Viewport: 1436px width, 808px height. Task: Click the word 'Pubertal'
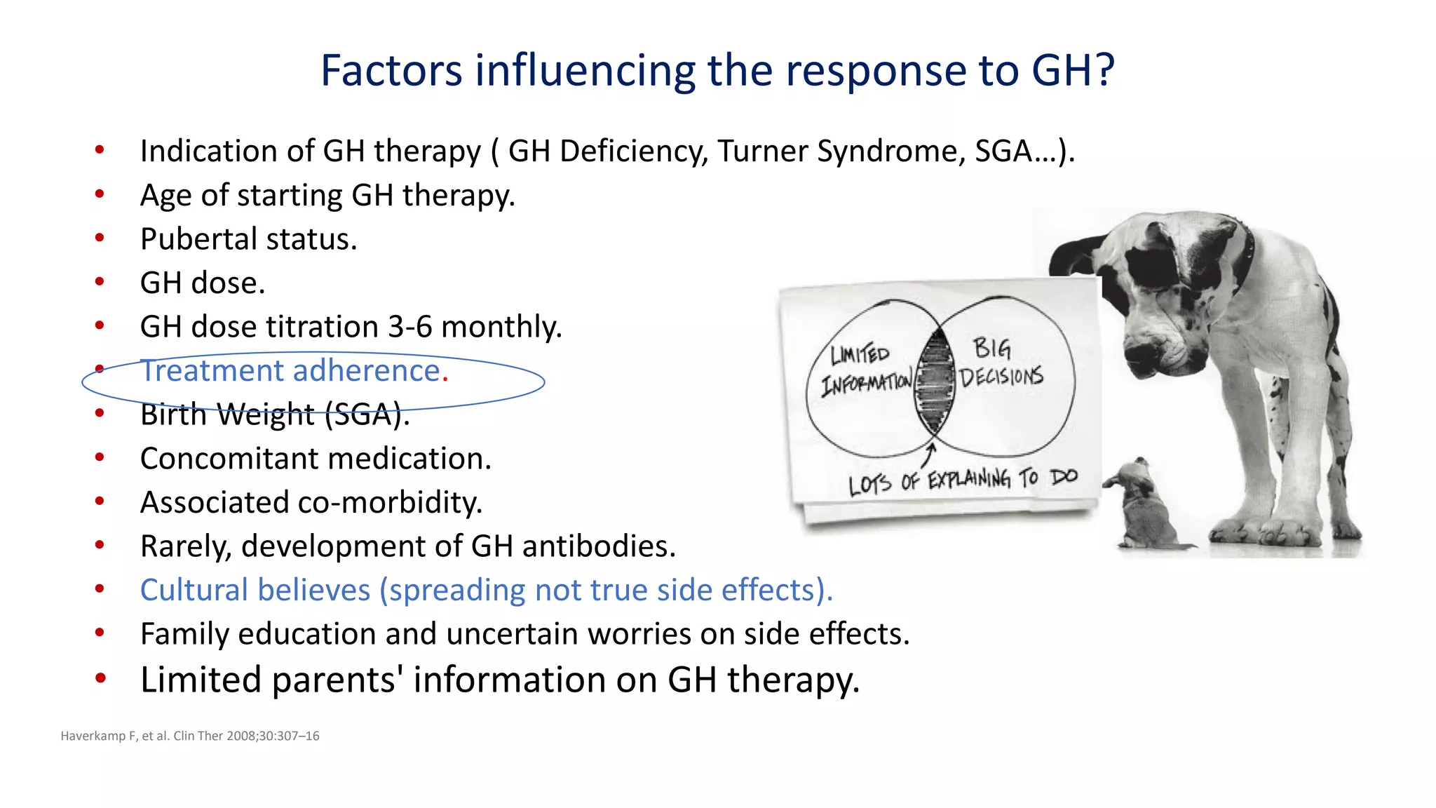click(x=198, y=240)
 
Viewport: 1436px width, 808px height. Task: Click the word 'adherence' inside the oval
click(x=371, y=370)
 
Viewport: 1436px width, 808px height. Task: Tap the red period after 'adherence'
click(x=445, y=379)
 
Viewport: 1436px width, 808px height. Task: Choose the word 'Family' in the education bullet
click(x=184, y=635)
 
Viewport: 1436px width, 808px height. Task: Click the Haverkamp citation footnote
click(x=190, y=736)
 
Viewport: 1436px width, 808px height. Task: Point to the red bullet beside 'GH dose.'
click(x=100, y=282)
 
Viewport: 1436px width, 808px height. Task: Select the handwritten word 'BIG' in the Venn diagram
click(x=991, y=348)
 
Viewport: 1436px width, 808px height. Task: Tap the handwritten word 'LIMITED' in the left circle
click(x=860, y=354)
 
